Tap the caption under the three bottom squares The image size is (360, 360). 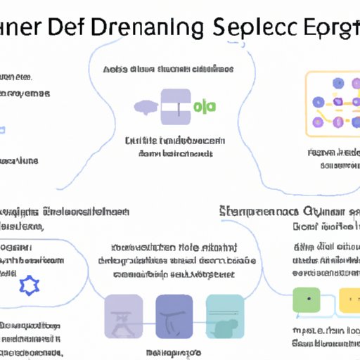tap(174, 351)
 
